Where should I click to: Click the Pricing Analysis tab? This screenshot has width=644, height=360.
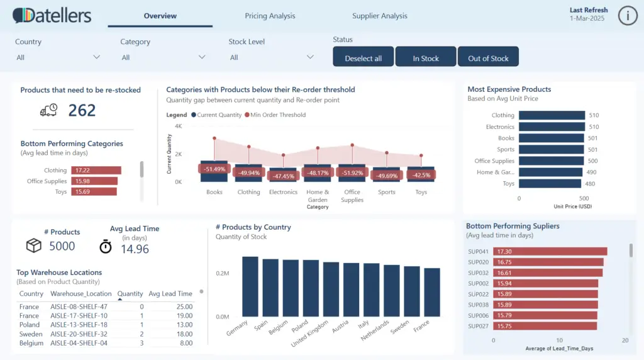point(270,16)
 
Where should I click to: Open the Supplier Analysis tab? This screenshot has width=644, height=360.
point(379,16)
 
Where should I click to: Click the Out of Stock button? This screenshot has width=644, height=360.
point(488,58)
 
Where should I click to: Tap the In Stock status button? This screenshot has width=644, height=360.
point(426,58)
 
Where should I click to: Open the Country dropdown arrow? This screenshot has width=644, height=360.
point(96,57)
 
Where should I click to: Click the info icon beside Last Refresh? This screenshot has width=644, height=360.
point(627,16)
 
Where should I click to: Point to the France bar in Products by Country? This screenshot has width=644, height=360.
point(432,293)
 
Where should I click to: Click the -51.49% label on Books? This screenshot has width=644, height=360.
point(214,169)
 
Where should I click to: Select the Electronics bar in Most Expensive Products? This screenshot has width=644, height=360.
point(551,127)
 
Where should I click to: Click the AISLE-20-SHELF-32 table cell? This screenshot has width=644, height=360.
point(79,334)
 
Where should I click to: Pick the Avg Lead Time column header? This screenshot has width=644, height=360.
point(170,294)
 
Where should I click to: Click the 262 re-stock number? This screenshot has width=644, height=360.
point(82,111)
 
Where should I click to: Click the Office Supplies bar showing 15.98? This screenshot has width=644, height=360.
point(94,181)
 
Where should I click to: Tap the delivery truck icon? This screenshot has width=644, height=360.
point(48,110)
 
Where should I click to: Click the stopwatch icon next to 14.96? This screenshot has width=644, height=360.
point(106,246)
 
